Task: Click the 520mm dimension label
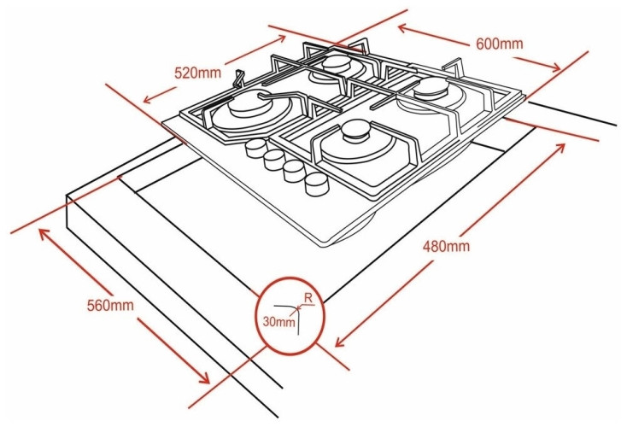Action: (197, 73)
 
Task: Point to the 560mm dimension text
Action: (112, 305)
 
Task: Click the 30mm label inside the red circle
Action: (278, 323)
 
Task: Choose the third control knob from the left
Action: (296, 171)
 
